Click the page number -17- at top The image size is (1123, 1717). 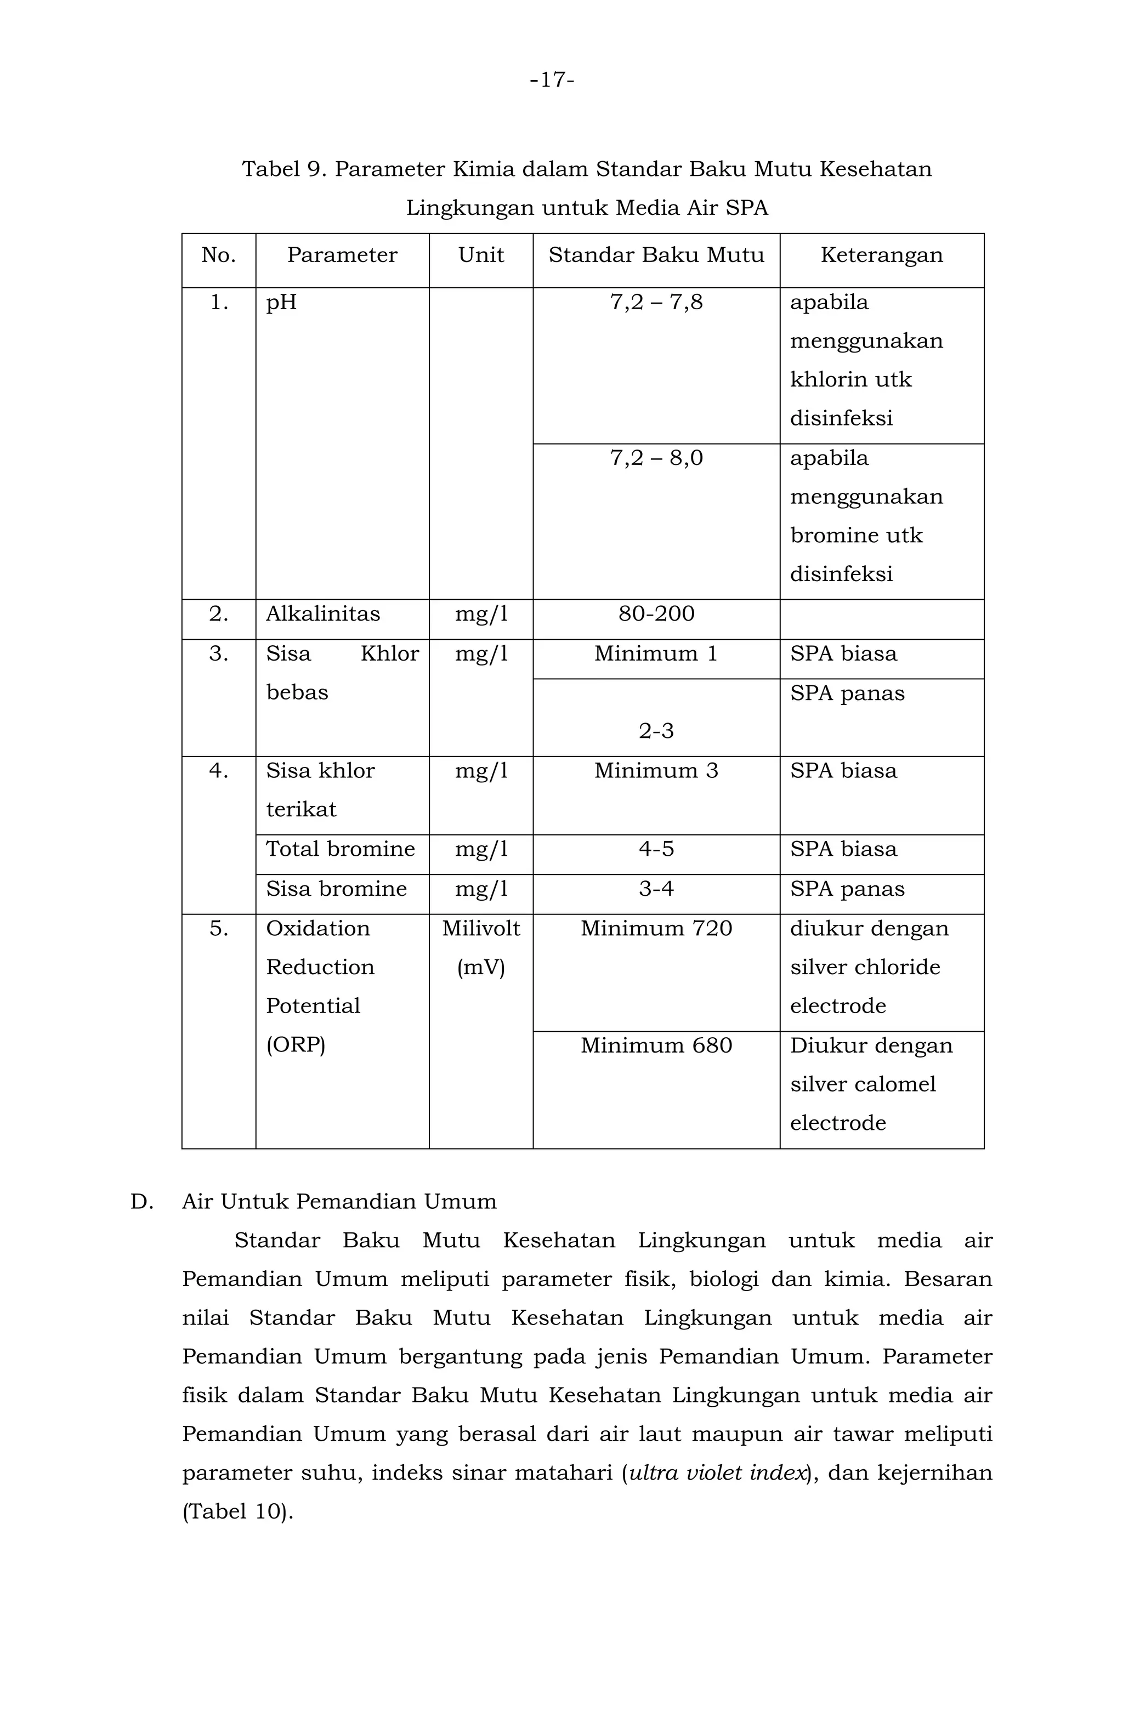coord(552,80)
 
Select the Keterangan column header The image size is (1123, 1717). coord(881,255)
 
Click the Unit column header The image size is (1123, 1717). coord(481,255)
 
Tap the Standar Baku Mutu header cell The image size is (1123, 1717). coord(655,255)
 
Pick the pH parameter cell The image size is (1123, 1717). coord(281,302)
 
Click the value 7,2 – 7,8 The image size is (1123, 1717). coord(655,302)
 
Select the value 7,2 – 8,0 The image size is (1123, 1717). coord(655,458)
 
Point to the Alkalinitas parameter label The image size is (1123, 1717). coord(322,614)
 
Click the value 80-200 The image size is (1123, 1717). coord(655,614)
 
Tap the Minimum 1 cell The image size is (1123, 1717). coord(655,653)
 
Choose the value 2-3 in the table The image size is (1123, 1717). coord(655,731)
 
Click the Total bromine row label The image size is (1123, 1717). coord(340,849)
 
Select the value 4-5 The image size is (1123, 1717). coord(655,849)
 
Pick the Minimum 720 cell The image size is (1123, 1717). coord(655,929)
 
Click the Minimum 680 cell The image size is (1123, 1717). coord(655,1045)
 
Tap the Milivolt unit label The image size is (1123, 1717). coord(481,929)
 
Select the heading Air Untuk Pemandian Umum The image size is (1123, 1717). coord(339,1202)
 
